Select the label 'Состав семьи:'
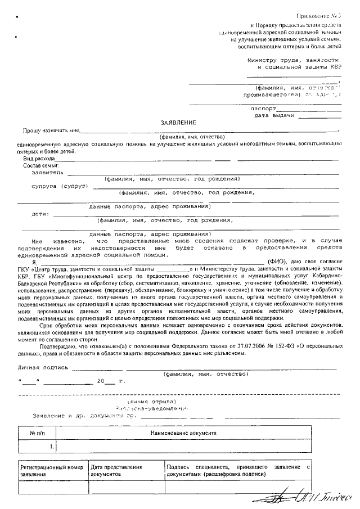pyautogui.click(x=41, y=166)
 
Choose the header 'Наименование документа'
pyautogui.click(x=182, y=434)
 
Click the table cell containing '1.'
pyautogui.click(x=52, y=447)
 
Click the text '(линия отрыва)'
pyautogui.click(x=152, y=402)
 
